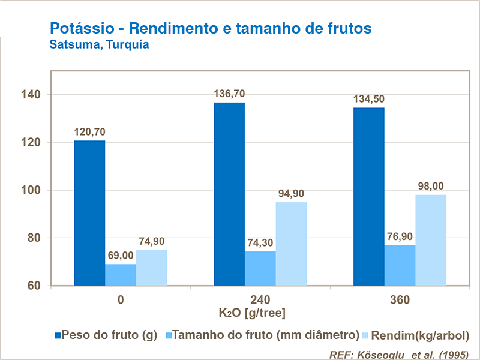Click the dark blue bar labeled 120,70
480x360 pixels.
(89, 213)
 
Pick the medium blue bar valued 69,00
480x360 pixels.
(121, 275)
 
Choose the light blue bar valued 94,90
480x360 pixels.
(291, 244)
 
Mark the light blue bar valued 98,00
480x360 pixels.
(431, 240)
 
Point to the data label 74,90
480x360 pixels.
(151, 242)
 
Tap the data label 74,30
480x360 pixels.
(259, 243)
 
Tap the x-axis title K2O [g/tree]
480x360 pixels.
(252, 313)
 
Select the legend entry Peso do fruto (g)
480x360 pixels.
(109, 335)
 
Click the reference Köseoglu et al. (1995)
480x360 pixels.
(399, 354)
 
